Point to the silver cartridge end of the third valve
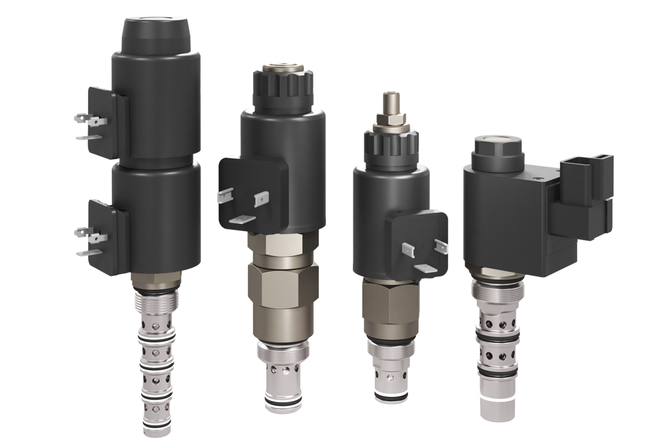click(x=388, y=377)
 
